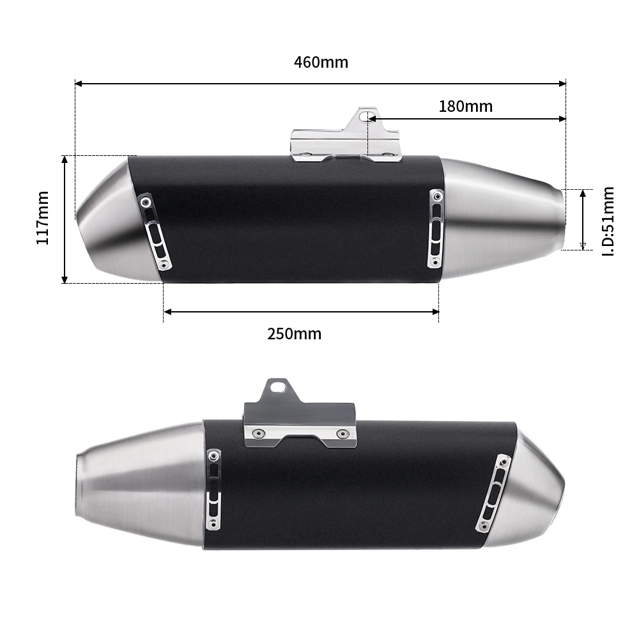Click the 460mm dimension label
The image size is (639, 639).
[321, 63]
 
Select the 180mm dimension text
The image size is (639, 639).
[465, 107]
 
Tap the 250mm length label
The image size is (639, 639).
[294, 334]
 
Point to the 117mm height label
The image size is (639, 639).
[42, 218]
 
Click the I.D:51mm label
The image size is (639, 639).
[608, 221]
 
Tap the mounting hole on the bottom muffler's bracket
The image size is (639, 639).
[277, 387]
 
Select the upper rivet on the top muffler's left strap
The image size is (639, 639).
[148, 202]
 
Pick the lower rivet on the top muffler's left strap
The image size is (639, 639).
[165, 264]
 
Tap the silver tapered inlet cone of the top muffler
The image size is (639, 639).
[505, 217]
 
